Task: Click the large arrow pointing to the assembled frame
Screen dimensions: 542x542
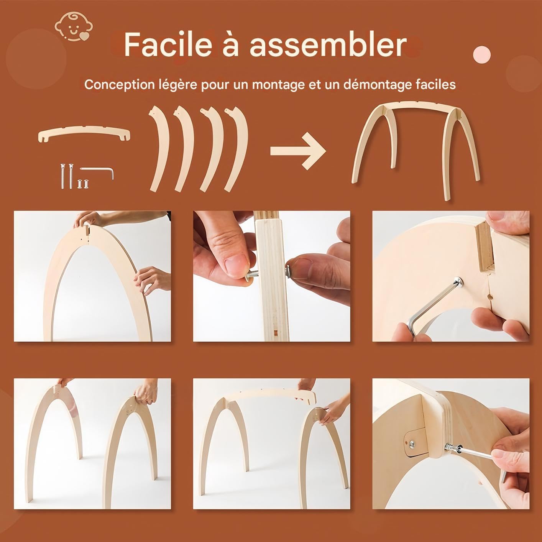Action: click(x=298, y=151)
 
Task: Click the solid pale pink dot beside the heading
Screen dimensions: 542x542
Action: click(x=481, y=55)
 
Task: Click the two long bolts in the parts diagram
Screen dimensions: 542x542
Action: click(x=66, y=176)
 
